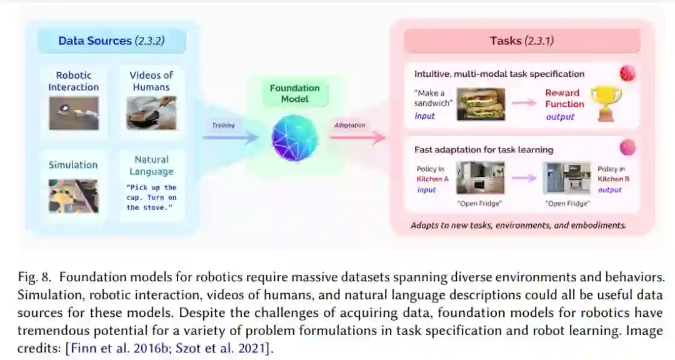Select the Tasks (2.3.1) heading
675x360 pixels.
click(521, 41)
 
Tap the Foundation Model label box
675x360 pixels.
click(294, 94)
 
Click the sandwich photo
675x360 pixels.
click(481, 104)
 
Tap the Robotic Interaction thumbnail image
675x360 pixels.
click(74, 113)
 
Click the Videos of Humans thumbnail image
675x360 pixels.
click(151, 113)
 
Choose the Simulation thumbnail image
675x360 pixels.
click(74, 195)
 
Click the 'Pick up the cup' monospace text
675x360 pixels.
click(151, 197)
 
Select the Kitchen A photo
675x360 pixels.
click(480, 178)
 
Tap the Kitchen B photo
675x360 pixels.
click(567, 178)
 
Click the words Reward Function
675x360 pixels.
click(564, 98)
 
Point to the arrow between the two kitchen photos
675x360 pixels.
click(524, 178)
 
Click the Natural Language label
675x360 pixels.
click(151, 166)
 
